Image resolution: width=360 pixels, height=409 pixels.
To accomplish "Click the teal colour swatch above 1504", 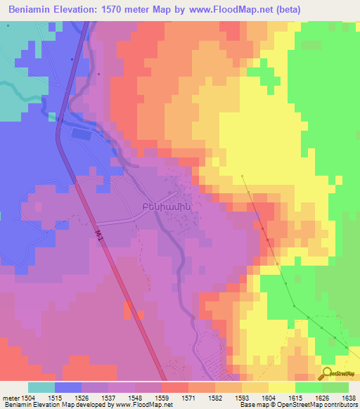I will [x=41, y=387].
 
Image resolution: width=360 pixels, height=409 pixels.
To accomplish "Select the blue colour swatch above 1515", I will [x=67, y=387].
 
